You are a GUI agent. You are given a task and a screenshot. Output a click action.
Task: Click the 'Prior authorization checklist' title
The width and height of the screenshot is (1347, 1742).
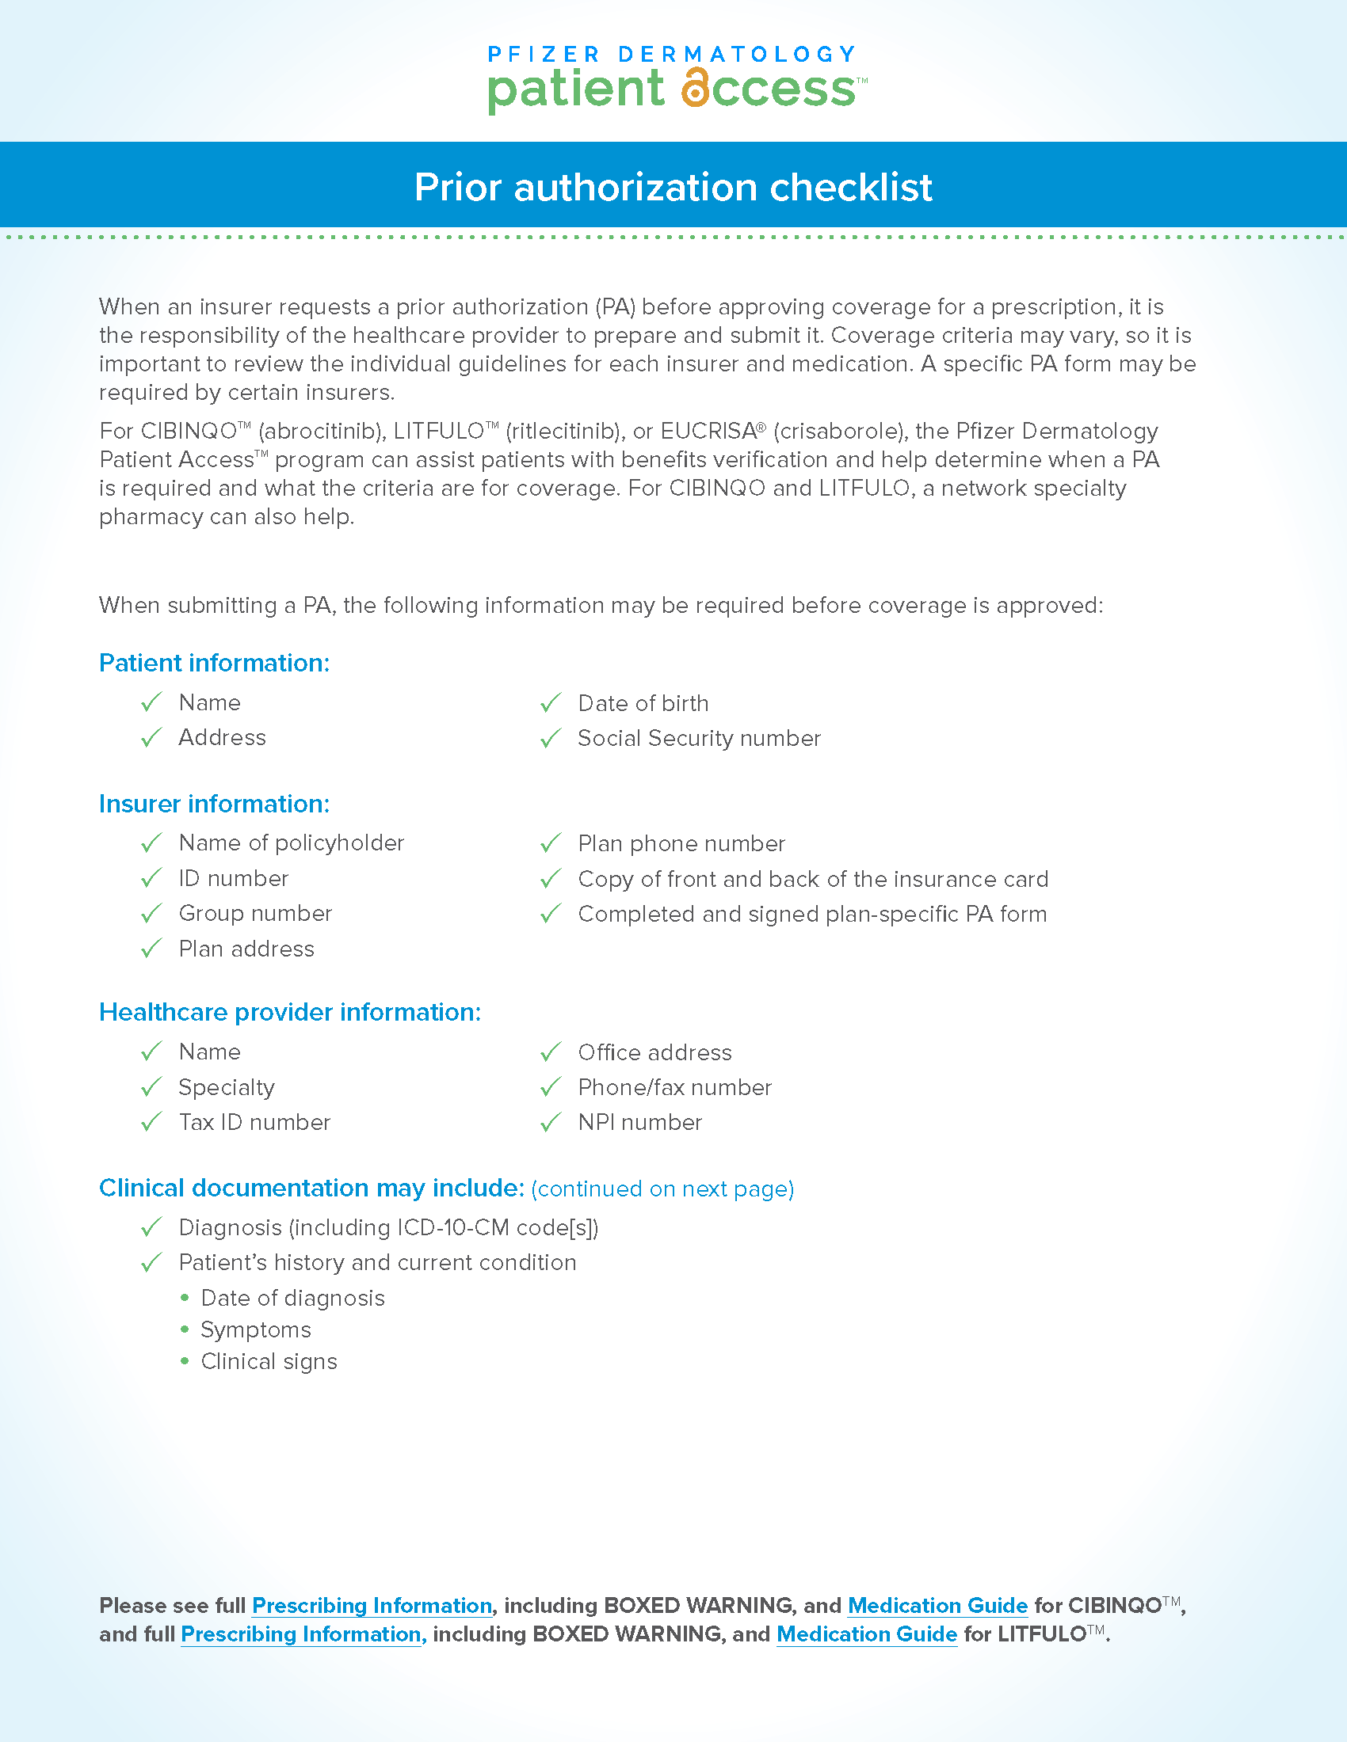click(x=673, y=188)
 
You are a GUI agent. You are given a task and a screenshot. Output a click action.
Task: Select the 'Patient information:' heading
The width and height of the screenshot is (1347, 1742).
click(x=214, y=663)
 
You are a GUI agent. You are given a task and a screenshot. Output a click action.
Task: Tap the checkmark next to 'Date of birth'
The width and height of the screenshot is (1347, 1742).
click(x=551, y=702)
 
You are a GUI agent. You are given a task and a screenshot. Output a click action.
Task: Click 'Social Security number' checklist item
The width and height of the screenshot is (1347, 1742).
click(x=699, y=739)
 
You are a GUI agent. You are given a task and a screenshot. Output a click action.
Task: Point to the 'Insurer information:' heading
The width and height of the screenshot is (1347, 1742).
click(x=214, y=804)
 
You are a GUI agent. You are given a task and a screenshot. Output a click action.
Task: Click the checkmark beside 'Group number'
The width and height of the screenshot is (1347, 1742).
click(x=151, y=913)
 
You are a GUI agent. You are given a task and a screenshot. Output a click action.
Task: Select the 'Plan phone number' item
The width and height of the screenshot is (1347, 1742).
click(x=681, y=844)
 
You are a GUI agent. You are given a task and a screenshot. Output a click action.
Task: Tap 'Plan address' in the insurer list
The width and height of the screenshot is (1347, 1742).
click(x=246, y=949)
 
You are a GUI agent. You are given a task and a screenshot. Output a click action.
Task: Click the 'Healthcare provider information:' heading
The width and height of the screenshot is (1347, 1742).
click(x=290, y=1012)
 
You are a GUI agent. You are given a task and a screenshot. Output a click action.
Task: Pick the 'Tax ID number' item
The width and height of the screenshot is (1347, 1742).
click(x=254, y=1123)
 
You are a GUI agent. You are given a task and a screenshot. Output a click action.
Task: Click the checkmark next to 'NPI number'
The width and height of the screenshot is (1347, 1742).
click(x=551, y=1123)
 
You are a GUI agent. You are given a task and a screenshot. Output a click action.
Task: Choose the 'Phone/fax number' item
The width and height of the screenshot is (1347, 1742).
click(x=675, y=1088)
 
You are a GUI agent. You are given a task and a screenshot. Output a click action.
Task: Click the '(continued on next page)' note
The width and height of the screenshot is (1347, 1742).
click(x=662, y=1189)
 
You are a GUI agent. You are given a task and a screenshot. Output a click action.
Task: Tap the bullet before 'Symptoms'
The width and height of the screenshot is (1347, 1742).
click(x=185, y=1329)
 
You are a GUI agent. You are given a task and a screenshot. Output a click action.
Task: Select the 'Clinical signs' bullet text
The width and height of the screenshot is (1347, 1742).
click(x=269, y=1362)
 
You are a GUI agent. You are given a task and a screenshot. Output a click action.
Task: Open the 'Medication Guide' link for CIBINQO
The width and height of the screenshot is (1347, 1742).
click(x=937, y=1606)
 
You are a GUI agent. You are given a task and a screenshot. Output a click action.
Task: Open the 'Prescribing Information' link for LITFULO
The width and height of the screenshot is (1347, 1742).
click(x=301, y=1634)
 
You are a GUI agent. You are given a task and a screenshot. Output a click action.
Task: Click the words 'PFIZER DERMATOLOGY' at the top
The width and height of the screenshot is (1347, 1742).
click(x=673, y=54)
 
